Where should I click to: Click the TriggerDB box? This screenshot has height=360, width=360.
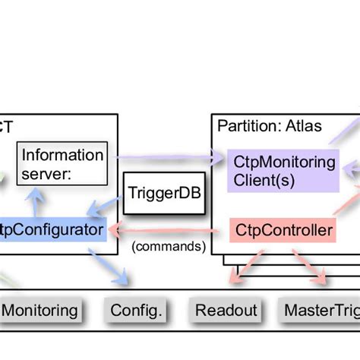click(x=163, y=193)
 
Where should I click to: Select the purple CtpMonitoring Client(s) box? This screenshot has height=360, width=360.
click(x=284, y=171)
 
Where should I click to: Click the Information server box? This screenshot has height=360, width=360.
click(x=62, y=164)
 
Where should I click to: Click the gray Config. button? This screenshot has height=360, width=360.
click(x=137, y=310)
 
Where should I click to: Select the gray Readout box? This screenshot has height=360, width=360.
click(x=226, y=310)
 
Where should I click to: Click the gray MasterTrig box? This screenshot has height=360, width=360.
click(x=319, y=310)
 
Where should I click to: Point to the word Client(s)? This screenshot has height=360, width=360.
click(x=265, y=181)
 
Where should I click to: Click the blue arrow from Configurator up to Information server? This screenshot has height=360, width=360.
click(x=31, y=201)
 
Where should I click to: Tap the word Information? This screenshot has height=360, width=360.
click(x=62, y=155)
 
